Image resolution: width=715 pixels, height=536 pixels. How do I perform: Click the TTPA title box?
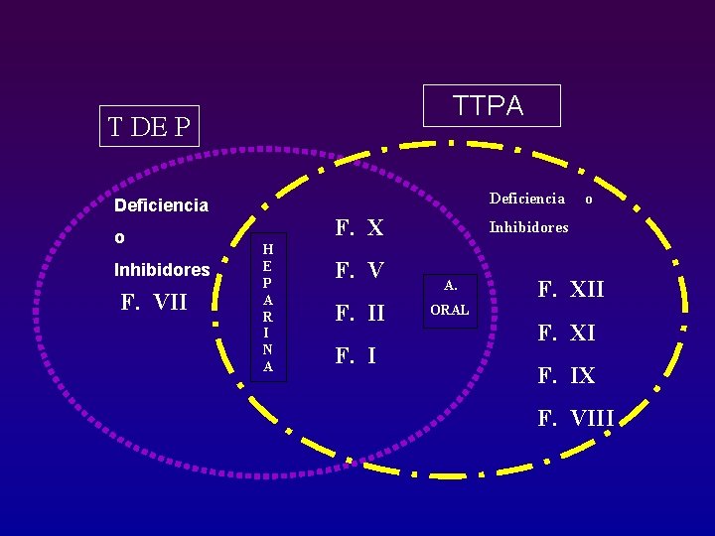tap(492, 106)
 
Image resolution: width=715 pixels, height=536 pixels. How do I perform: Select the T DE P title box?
tap(149, 126)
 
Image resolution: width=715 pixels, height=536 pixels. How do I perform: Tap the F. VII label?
tap(153, 302)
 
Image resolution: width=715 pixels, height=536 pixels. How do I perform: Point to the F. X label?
tap(359, 228)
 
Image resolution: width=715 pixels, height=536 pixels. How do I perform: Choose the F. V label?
tap(359, 271)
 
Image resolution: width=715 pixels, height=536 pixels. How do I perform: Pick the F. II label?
tap(359, 314)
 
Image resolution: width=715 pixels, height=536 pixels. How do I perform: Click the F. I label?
tap(356, 355)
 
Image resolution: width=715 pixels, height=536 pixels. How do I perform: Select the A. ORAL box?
tap(451, 298)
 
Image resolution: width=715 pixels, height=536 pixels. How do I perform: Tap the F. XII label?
tap(571, 290)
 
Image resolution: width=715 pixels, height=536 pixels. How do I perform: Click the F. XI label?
tap(567, 333)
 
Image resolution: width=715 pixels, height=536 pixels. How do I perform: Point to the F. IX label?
tap(567, 376)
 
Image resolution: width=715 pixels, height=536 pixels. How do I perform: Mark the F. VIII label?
tap(576, 418)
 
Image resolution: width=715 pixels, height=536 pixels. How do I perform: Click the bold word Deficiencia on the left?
tap(162, 205)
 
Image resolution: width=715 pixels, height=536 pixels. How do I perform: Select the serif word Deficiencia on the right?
tap(527, 199)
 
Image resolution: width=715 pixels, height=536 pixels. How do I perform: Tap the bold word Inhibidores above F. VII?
tap(162, 270)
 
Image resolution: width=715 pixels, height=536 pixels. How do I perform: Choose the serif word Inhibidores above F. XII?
tap(529, 227)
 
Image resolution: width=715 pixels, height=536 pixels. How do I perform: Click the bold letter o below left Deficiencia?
tap(119, 238)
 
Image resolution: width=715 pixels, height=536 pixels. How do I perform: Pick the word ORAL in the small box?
tap(450, 311)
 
